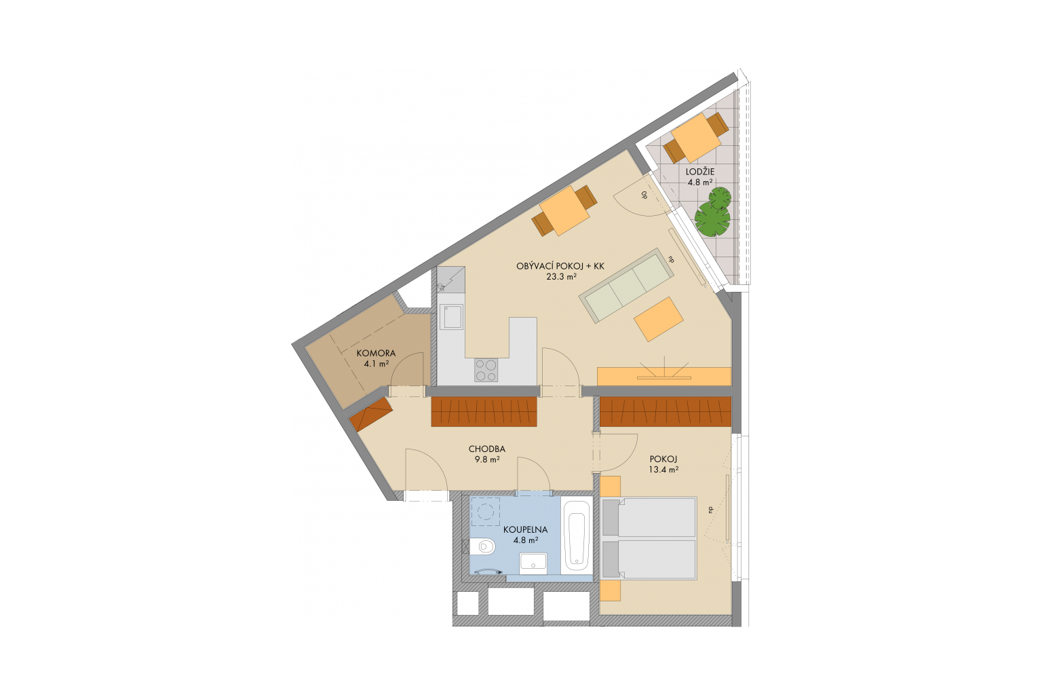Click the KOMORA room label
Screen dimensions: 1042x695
pos(376,354)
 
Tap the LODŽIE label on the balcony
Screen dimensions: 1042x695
pos(700,172)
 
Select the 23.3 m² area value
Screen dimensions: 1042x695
pos(562,276)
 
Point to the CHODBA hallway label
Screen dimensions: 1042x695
pos(486,449)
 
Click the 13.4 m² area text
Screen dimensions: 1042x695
pos(663,470)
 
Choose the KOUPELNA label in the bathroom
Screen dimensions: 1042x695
pos(525,530)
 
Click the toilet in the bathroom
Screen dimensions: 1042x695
pos(482,546)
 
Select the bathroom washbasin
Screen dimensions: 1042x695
pos(533,563)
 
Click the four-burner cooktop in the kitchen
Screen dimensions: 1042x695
pos(486,370)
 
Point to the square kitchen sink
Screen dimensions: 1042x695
pos(451,316)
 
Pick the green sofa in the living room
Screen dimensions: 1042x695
pos(626,285)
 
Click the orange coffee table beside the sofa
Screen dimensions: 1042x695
pos(658,320)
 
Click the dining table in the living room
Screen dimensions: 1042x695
pos(564,211)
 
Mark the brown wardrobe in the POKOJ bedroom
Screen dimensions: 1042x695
pos(665,411)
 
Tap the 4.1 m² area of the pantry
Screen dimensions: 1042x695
pos(377,364)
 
